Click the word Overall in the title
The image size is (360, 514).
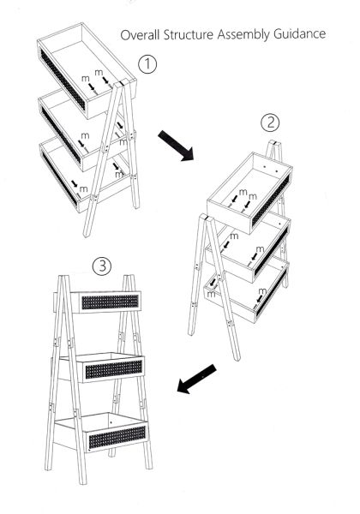click(140, 34)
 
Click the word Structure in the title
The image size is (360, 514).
click(189, 34)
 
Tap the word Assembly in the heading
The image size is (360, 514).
click(243, 34)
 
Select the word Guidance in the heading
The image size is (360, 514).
click(300, 33)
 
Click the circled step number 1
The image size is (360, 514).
click(147, 64)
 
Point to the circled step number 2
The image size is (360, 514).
click(270, 123)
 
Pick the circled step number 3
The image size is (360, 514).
click(102, 266)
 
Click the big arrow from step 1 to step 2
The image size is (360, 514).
click(176, 146)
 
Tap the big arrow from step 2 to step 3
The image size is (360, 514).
click(197, 379)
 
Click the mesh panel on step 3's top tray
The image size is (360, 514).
click(110, 302)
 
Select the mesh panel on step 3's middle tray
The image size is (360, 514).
click(113, 369)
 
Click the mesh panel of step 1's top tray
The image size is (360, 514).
click(63, 80)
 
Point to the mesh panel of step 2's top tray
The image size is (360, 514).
click(271, 200)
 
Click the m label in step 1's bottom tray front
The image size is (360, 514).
click(84, 189)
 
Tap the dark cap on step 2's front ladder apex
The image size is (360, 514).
click(204, 218)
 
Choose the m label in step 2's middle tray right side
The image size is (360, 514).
click(260, 249)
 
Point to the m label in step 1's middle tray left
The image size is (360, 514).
click(85, 135)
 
